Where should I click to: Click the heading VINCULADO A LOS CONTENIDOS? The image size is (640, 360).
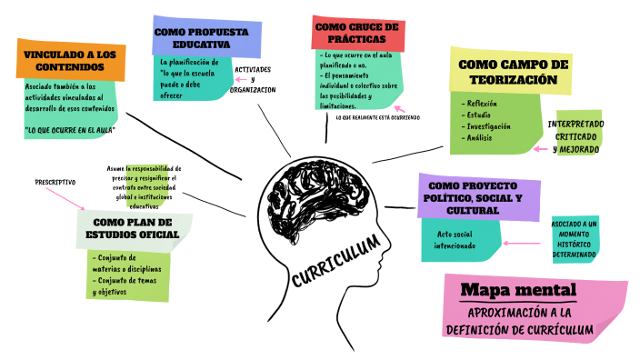69,60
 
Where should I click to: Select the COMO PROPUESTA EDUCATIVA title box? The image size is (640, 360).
201,37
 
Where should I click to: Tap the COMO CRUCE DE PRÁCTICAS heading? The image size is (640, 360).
356,33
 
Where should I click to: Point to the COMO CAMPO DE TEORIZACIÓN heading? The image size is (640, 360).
513,72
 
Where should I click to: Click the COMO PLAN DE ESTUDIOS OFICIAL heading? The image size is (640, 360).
135,227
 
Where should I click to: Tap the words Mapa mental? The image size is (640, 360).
518,290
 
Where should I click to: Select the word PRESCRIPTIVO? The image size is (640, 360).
55,182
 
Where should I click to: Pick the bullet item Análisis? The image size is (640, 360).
480,137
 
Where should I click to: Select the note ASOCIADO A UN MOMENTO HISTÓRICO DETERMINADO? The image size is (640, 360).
574,238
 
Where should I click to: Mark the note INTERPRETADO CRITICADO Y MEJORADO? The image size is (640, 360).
575,135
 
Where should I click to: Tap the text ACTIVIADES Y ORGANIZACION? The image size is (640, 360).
253,79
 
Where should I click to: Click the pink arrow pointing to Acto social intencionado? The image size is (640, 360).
521,243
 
